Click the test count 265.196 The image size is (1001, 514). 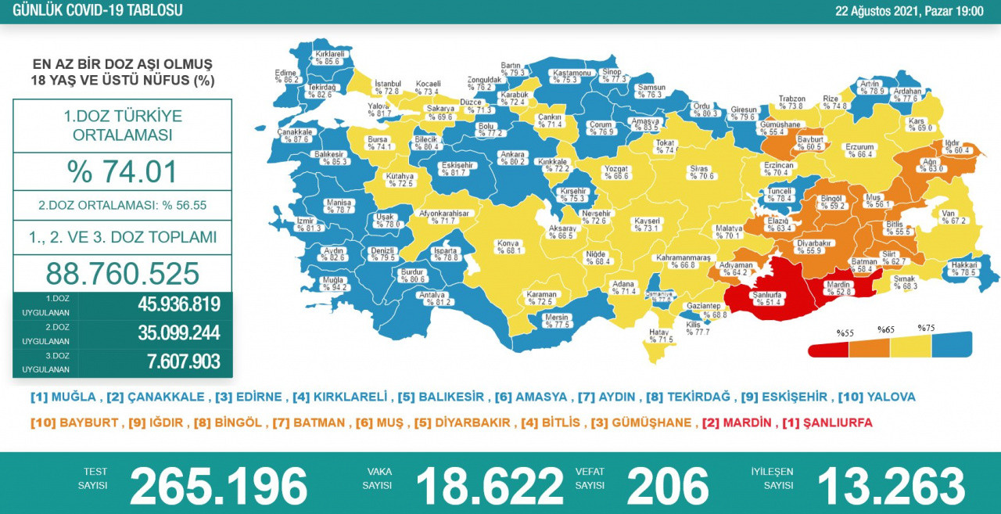click(218, 486)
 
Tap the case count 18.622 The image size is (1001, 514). click(489, 486)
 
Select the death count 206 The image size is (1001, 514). click(667, 486)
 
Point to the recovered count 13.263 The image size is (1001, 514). click(891, 486)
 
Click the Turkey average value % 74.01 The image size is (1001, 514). click(122, 172)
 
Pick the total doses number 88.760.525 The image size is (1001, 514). click(122, 274)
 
